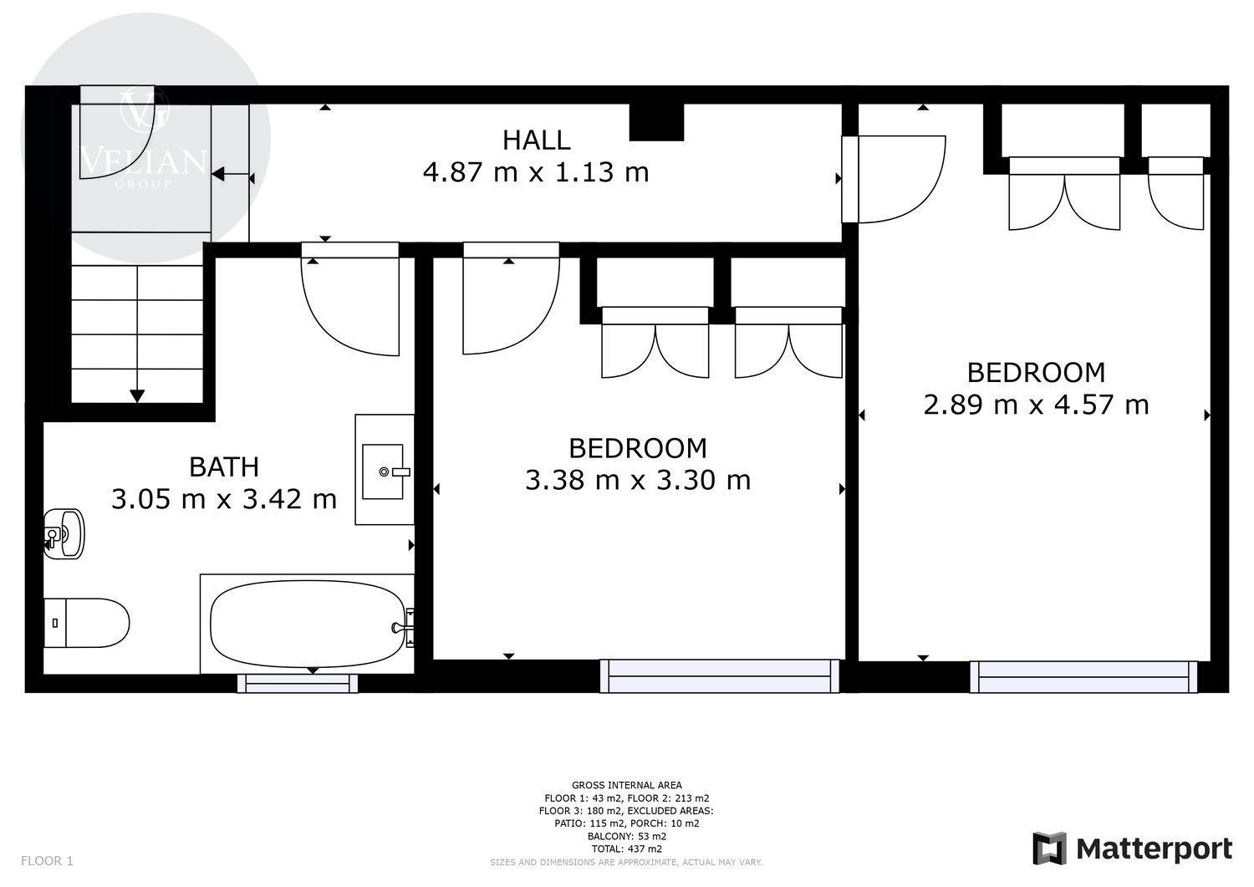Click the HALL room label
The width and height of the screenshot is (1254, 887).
(537, 140)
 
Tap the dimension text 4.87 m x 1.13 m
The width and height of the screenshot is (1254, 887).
(536, 172)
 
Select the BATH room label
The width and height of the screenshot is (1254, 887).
(224, 467)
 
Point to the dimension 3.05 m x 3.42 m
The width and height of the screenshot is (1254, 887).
(224, 499)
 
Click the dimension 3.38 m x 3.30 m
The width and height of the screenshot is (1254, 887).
(638, 480)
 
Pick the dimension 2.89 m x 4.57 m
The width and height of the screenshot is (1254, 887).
(1036, 405)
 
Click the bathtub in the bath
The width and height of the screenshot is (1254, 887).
(308, 624)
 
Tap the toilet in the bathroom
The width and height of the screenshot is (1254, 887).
(87, 623)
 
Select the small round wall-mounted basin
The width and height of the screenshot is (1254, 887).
(64, 533)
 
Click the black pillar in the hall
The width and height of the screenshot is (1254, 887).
(656, 122)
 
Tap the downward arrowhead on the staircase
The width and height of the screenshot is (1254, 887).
(137, 396)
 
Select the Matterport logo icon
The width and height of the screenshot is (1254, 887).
(1049, 849)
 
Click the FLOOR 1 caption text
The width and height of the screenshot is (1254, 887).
(47, 861)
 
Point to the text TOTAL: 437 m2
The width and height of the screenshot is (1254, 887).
(626, 849)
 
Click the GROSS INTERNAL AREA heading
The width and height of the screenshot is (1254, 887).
(626, 785)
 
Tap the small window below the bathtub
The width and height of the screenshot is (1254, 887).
(298, 683)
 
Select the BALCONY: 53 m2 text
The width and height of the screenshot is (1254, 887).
(626, 836)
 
